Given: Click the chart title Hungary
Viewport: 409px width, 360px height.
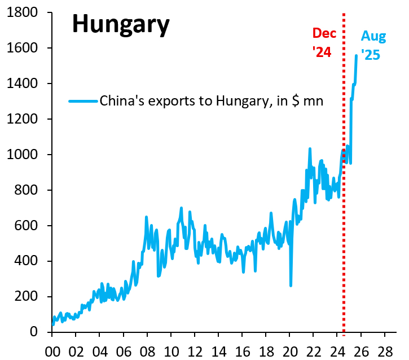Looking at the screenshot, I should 121,25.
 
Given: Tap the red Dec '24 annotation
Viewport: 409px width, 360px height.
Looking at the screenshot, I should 324,42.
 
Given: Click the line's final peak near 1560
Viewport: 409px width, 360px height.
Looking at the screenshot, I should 356,55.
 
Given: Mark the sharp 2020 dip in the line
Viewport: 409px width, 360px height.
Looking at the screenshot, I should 291,285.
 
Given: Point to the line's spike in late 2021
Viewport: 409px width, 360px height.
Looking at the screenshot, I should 310,149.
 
